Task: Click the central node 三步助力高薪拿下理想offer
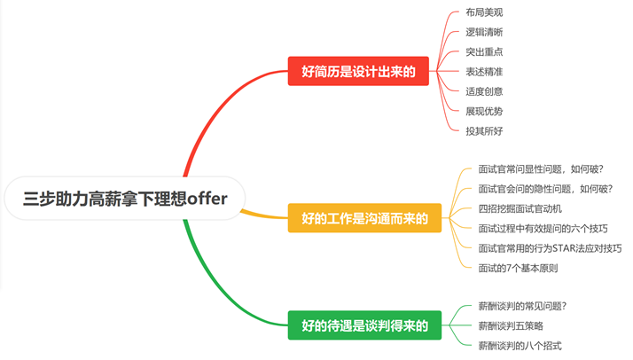coord(125,199)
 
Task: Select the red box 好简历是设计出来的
coord(357,70)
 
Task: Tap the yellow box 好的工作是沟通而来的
coord(363,218)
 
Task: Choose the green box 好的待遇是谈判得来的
coord(363,325)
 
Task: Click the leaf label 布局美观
coord(484,12)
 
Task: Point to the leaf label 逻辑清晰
coord(484,32)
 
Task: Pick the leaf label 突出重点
coord(484,51)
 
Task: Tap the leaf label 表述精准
coord(484,71)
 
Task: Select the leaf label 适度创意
coord(484,90)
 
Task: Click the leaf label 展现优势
coord(484,111)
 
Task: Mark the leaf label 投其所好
coord(484,130)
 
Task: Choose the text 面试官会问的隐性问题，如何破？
coord(545,188)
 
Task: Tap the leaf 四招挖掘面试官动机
coord(520,208)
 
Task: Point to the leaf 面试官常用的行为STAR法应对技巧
coord(549,247)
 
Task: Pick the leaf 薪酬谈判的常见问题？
coord(522,306)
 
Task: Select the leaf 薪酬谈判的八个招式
coord(520,345)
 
